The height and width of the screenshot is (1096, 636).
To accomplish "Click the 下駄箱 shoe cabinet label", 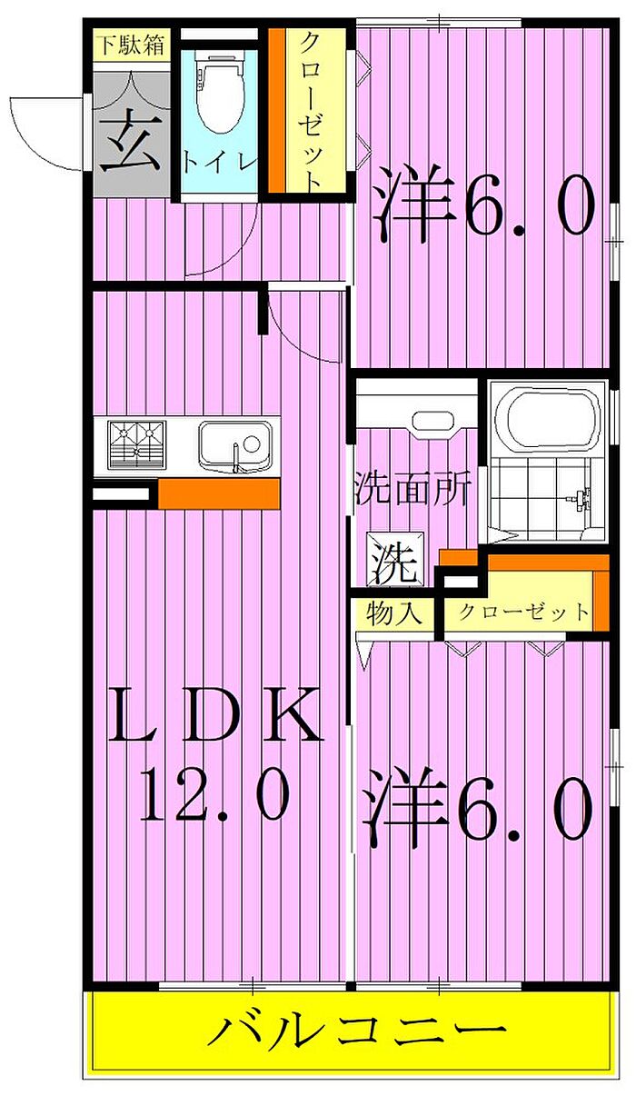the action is point(132,45).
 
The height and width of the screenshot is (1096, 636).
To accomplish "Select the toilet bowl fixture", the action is point(219,91).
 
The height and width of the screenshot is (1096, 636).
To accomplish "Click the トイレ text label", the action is point(220,163).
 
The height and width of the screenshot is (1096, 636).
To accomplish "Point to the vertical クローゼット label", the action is point(310,113).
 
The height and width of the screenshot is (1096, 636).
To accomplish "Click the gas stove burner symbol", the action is point(137,444).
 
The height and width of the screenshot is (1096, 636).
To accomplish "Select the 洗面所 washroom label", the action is point(413,488).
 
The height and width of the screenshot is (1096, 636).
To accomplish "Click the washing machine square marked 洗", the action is point(396,559).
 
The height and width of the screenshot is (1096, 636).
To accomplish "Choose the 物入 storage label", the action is point(394,613).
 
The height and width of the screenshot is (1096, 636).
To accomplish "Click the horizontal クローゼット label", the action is point(523,612).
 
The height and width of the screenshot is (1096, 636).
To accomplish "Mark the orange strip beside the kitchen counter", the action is point(219,493).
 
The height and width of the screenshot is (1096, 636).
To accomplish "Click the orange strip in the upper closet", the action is point(277,111).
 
